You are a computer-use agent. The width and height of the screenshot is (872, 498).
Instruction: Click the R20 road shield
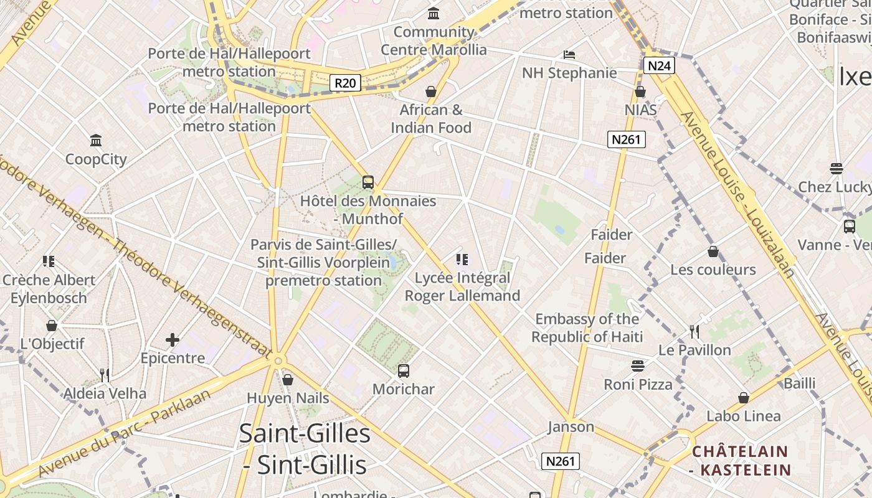point(345,83)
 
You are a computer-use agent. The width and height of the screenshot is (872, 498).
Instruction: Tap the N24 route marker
point(659,65)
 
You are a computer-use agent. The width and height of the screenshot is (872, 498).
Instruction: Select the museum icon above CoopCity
point(96,140)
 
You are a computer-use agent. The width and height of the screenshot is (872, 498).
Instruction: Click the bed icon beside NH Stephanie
point(569,55)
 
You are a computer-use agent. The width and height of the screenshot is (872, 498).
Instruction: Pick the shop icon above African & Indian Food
point(430,92)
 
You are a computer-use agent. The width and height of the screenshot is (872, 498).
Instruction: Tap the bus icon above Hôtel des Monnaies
point(367,182)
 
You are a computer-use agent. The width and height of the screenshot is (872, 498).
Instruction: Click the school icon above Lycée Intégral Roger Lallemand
point(462,260)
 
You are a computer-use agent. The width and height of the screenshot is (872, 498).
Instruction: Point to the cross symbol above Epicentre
point(173,340)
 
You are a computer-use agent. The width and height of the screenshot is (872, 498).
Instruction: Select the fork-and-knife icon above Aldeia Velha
point(105,375)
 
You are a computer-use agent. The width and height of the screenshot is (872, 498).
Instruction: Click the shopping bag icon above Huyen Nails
point(288,379)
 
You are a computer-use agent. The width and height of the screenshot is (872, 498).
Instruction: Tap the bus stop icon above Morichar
point(404,371)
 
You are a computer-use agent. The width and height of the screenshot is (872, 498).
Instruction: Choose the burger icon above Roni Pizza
point(638,365)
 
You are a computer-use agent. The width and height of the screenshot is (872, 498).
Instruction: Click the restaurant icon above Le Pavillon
point(695,331)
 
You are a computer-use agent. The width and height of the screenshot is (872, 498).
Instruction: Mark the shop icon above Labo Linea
point(743,398)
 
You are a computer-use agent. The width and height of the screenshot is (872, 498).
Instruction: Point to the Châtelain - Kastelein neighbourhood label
point(741,461)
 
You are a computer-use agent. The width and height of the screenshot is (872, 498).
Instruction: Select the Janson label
point(571,427)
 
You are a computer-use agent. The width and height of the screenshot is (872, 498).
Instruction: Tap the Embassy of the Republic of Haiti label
point(587,328)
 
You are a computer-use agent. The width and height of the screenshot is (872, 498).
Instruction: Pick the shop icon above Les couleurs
point(713,252)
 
